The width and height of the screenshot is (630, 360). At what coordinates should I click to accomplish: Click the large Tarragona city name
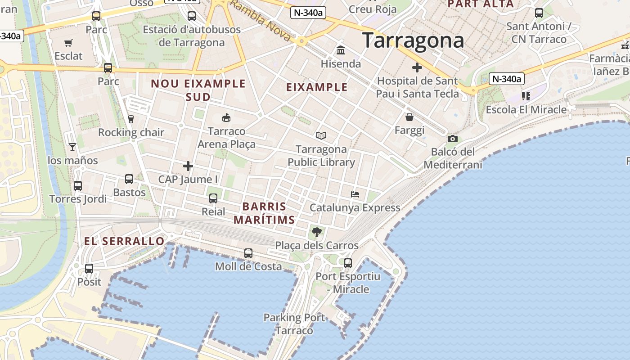413,40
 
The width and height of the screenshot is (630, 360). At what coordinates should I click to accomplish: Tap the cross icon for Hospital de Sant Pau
417,68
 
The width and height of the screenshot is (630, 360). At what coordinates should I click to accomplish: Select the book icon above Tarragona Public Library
321,135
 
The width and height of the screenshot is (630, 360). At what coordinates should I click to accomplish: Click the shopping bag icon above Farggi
409,117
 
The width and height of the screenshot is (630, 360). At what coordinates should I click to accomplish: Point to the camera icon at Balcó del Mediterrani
453,139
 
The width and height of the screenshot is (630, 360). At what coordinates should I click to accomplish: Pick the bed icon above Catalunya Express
355,194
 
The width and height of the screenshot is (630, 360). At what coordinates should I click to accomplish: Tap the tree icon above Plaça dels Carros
317,232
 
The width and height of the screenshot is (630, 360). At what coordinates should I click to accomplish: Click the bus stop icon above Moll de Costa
248,253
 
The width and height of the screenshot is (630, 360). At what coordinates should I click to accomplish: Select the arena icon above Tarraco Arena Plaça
226,118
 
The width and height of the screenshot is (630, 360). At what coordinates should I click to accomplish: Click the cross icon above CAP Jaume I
188,166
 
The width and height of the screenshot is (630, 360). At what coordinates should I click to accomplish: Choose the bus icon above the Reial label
213,198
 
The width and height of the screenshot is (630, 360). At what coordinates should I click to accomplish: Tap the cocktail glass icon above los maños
72,147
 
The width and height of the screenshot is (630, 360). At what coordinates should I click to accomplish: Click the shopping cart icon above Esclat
68,43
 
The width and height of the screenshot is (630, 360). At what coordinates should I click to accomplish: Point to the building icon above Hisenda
341,50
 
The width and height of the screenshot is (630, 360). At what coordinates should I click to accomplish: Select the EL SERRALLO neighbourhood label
124,241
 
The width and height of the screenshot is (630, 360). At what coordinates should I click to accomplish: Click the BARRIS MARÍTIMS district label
264,213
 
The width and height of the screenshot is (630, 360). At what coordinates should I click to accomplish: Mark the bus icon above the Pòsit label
89,269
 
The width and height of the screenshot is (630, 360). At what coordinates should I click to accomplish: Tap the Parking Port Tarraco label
294,324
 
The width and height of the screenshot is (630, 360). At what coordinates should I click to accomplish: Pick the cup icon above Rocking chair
131,119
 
